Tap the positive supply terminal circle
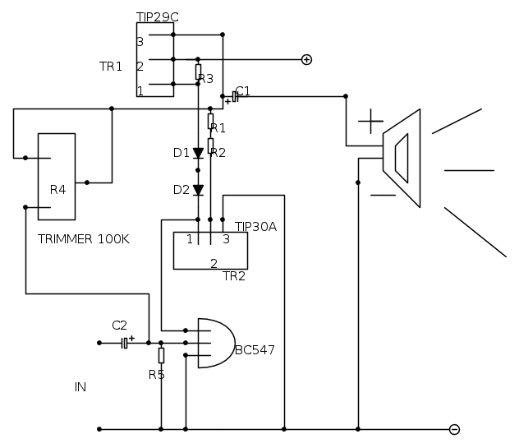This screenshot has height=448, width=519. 306,59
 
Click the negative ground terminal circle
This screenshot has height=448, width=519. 454,429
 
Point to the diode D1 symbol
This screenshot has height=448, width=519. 198,153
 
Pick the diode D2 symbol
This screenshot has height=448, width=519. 198,190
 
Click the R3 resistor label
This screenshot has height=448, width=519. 206,79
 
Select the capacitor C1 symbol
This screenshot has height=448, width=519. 235,96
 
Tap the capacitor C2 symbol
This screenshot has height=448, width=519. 124,343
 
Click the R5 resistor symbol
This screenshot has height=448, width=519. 161,355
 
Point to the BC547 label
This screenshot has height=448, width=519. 255,350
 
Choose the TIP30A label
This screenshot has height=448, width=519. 255,226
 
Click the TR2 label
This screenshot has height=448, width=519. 234,276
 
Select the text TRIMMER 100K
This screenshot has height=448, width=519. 84,239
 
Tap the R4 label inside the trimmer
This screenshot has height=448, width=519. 57,190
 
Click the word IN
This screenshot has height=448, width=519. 80,386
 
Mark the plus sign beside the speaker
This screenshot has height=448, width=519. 370,124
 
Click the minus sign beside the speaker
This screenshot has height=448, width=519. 383,196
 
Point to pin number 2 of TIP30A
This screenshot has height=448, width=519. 214,263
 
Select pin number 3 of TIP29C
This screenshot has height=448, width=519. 140,41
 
